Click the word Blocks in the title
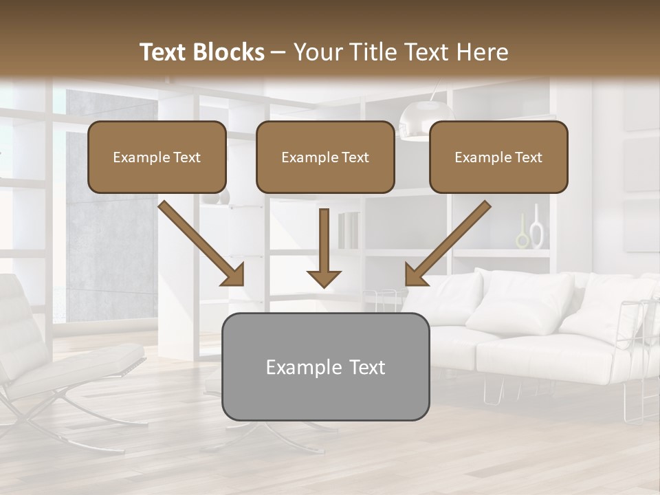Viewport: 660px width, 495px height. click(x=230, y=52)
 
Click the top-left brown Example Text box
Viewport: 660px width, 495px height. click(x=157, y=157)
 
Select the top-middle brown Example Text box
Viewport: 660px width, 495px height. click(x=325, y=157)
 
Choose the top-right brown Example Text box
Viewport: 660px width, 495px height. click(x=498, y=157)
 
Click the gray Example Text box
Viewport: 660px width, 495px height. click(x=325, y=366)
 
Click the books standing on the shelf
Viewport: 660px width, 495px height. click(x=349, y=230)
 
